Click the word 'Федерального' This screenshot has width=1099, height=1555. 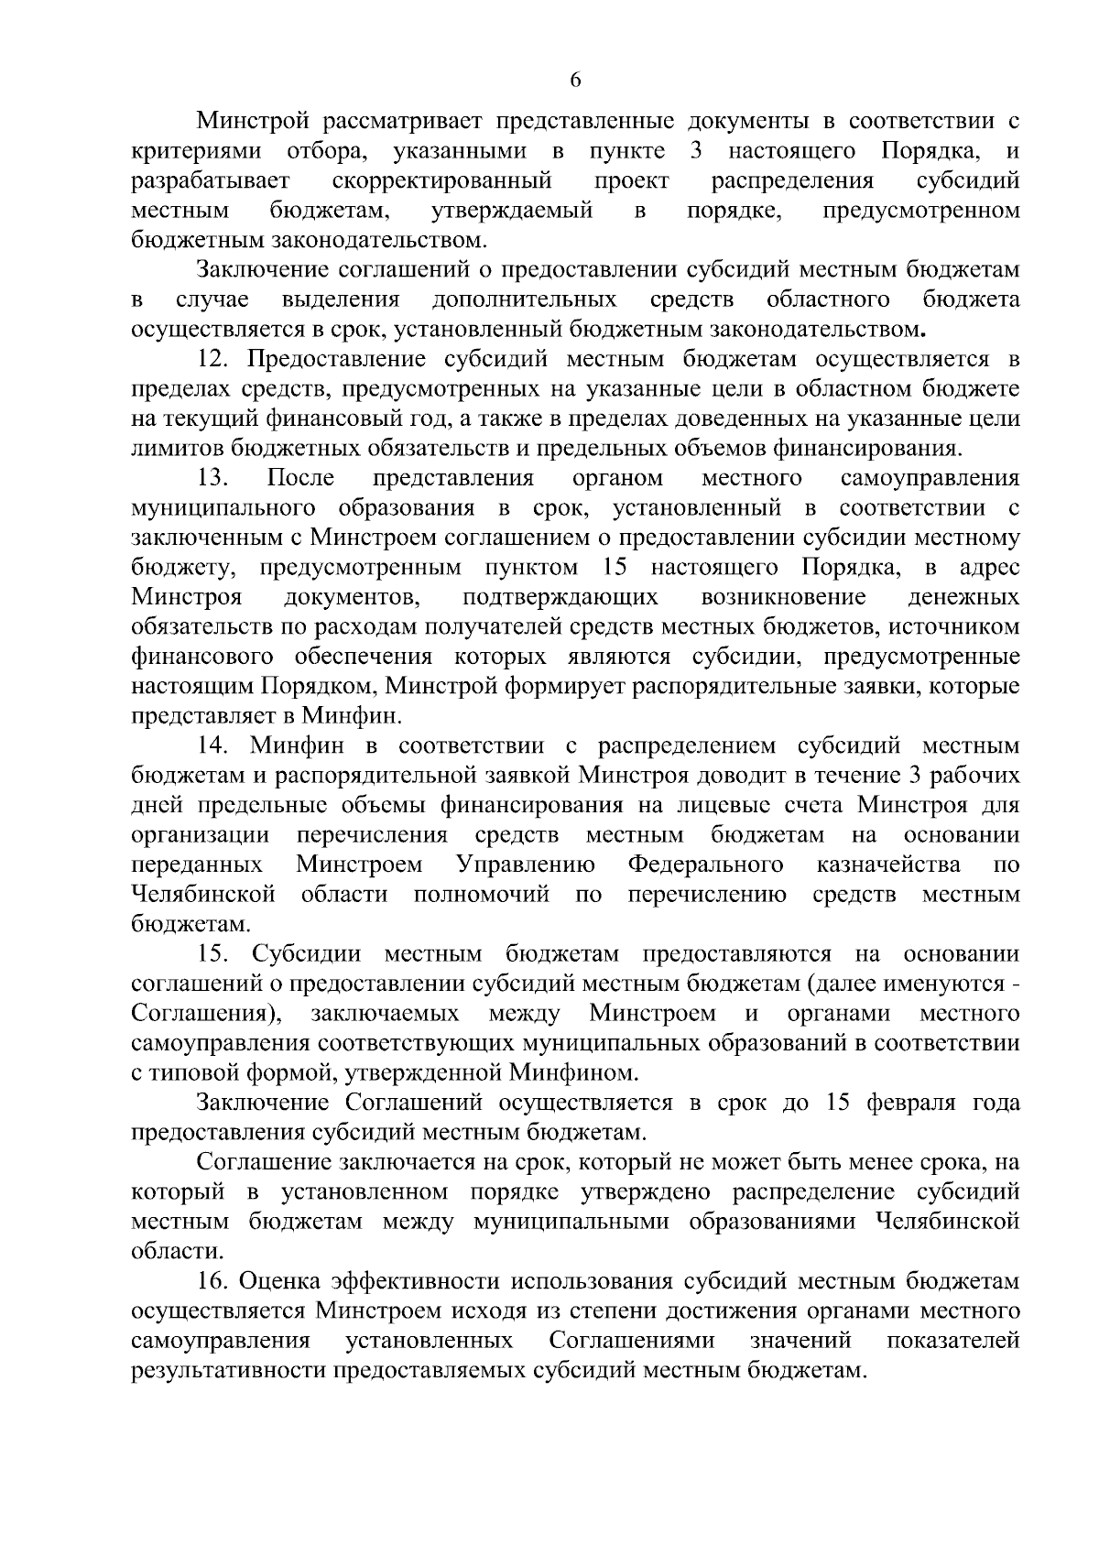705,864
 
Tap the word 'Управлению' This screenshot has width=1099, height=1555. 525,864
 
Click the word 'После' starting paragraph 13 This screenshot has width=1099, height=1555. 300,477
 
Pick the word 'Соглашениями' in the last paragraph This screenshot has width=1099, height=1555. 632,1341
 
